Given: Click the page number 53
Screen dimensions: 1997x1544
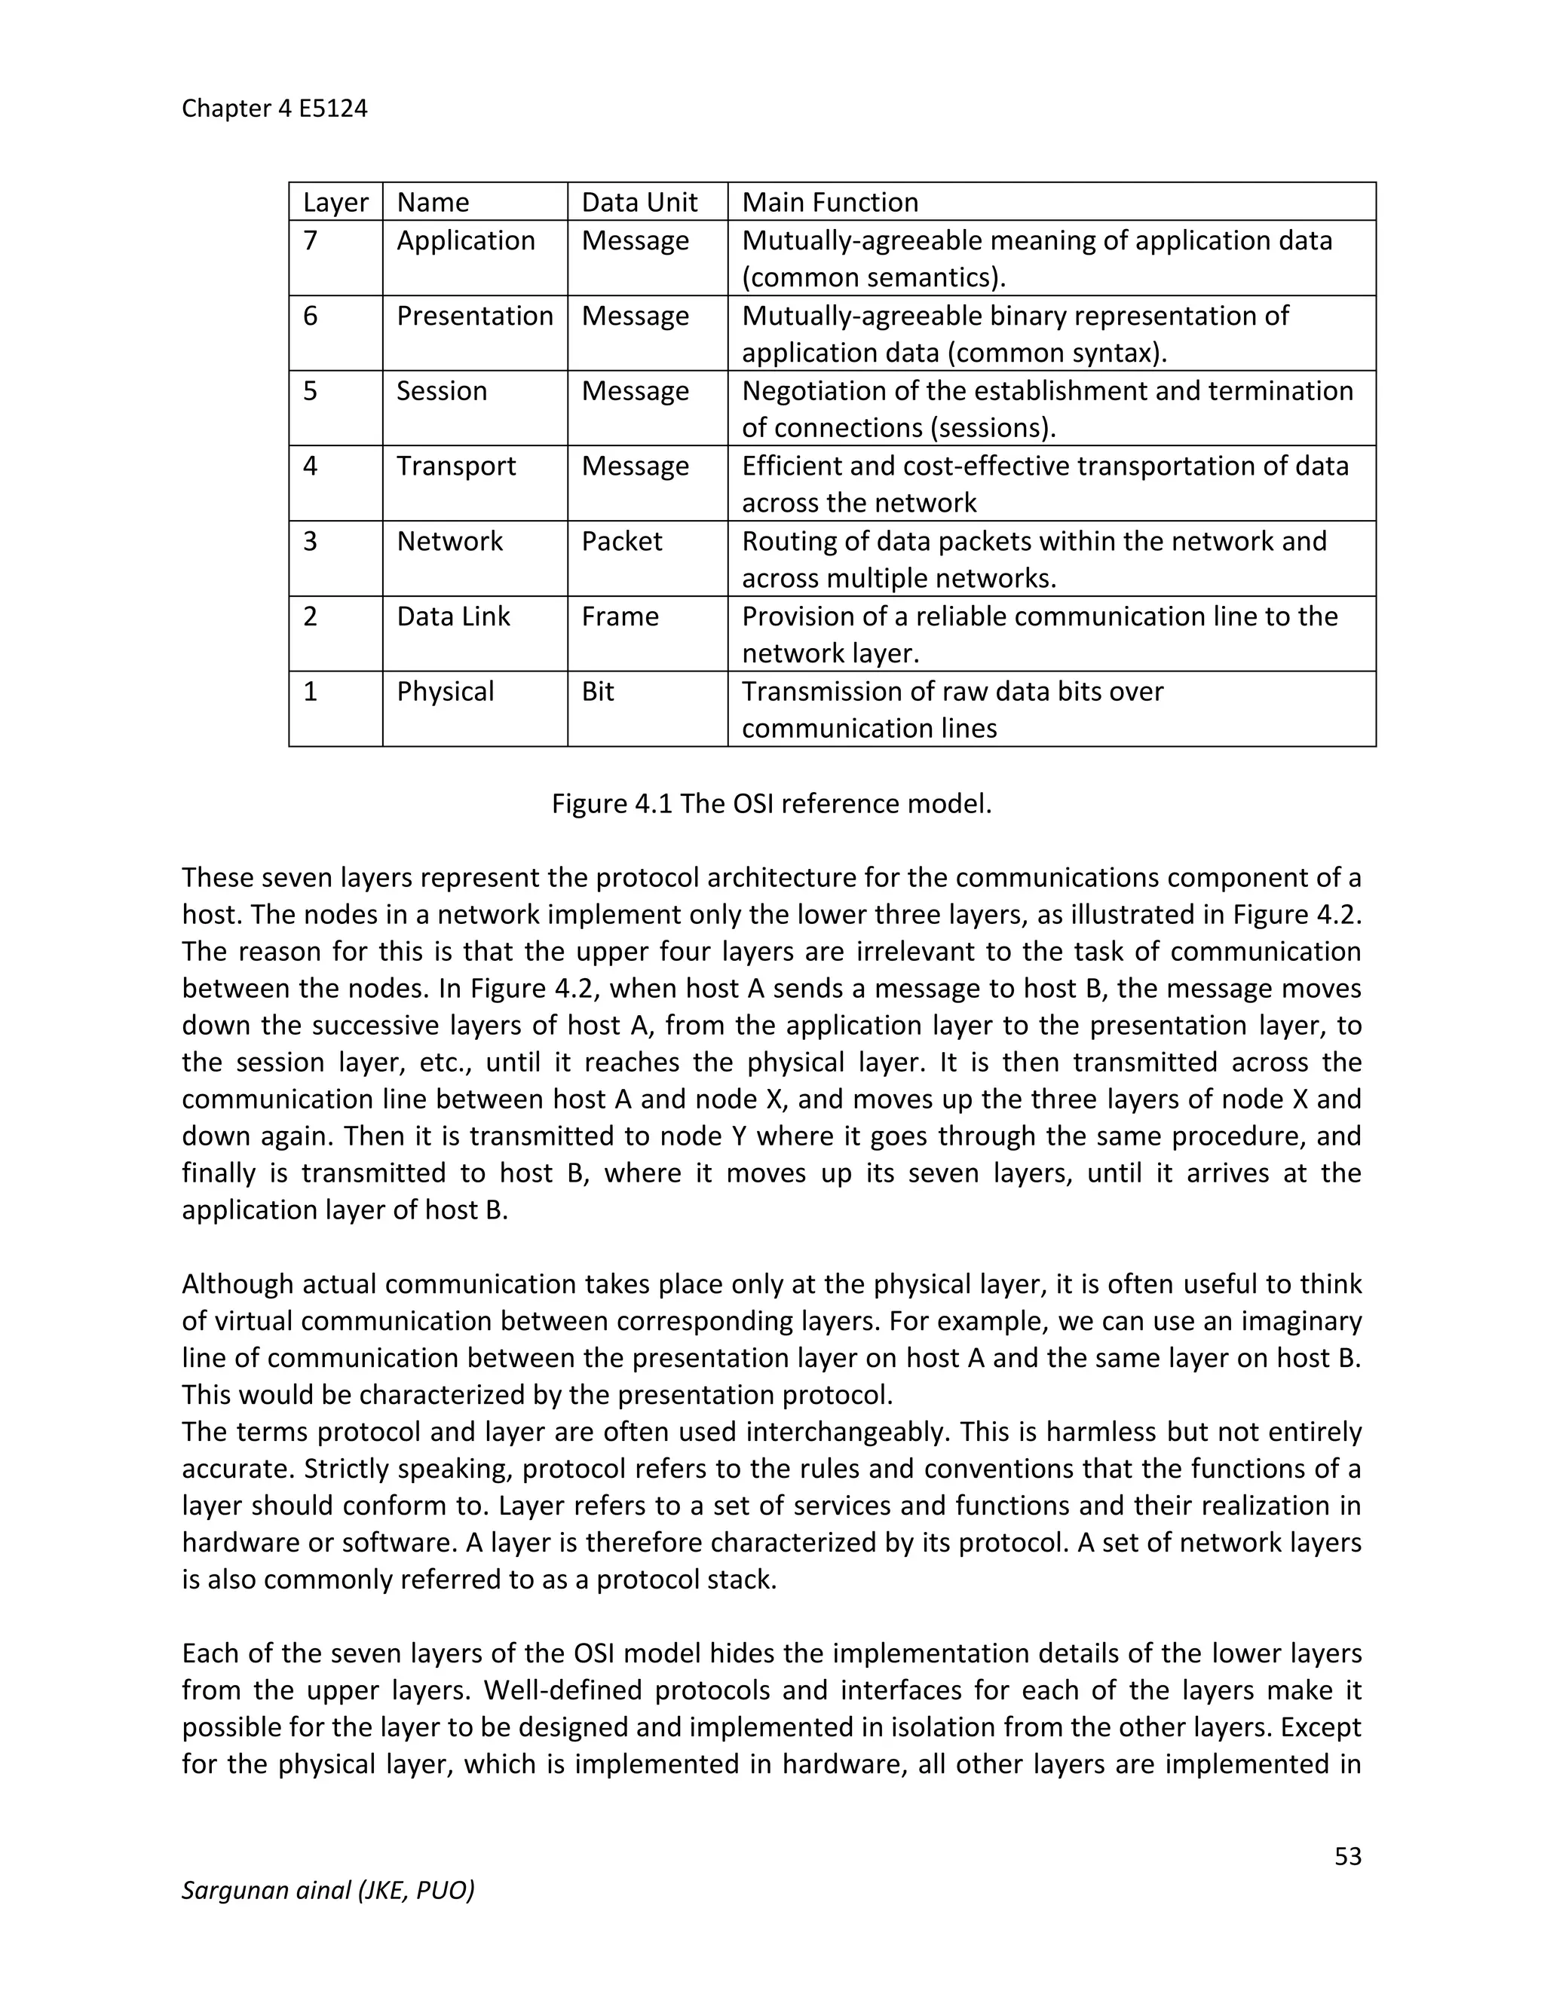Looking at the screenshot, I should (x=1347, y=1855).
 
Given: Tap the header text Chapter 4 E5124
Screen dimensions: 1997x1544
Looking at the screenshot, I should (x=274, y=109).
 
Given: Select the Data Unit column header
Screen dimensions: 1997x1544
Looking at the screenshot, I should (x=639, y=202).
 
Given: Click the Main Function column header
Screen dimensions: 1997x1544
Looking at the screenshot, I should (x=829, y=202).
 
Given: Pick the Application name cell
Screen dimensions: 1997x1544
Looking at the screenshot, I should (x=466, y=240).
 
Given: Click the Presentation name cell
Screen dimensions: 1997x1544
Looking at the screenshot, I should (x=475, y=316).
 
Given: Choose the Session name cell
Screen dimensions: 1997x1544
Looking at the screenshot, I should (x=442, y=391).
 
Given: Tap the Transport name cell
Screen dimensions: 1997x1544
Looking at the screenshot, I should (x=456, y=466).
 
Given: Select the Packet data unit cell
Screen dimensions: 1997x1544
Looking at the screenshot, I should (x=622, y=541).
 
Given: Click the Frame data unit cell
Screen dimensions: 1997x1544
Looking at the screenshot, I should (x=620, y=616).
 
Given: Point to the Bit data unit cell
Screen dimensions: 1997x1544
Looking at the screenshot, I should (x=598, y=691).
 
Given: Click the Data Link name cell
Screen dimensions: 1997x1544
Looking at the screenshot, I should (x=453, y=616).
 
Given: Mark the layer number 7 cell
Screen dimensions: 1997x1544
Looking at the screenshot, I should (x=311, y=240).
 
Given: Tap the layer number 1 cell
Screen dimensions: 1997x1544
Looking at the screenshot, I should (x=311, y=691).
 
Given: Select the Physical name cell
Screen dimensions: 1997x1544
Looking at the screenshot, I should (x=446, y=691).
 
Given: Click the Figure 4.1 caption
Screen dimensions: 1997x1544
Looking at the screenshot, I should (x=771, y=804).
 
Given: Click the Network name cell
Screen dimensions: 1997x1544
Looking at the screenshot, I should (x=449, y=541).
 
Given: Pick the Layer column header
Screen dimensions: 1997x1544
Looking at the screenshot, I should (x=335, y=202).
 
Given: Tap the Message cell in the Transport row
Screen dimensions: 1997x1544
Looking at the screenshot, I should (x=635, y=466).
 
